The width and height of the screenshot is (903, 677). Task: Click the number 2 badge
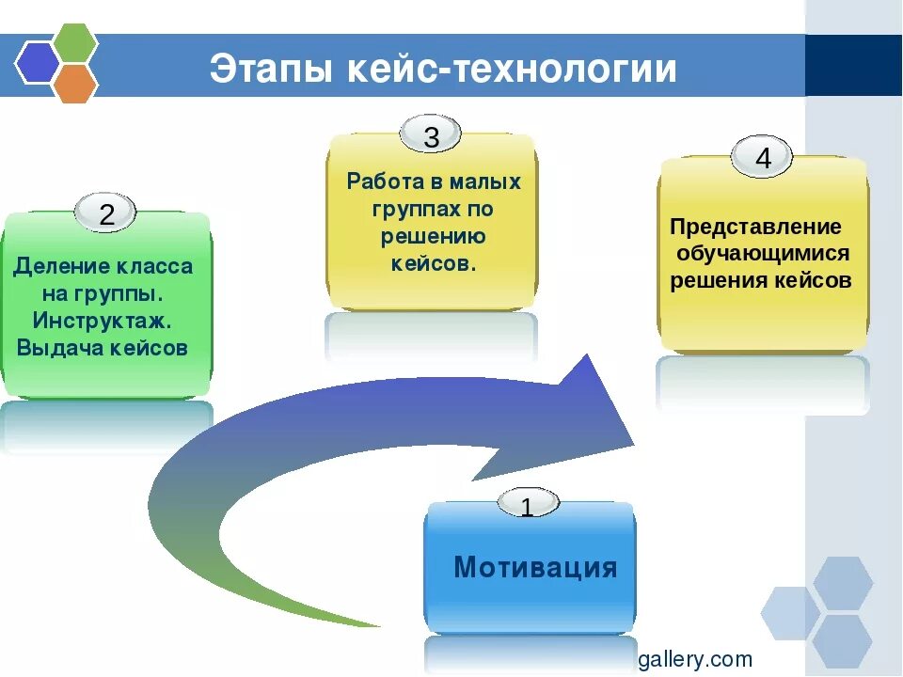pyautogui.click(x=106, y=214)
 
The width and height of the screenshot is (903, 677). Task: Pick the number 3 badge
pyautogui.click(x=431, y=137)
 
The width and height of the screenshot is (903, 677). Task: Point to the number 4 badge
pyautogui.click(x=762, y=159)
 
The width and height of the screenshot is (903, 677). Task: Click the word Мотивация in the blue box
pyautogui.click(x=535, y=568)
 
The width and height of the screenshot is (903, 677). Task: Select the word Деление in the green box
pyautogui.click(x=55, y=266)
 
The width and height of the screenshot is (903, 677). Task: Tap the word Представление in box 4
pyautogui.click(x=755, y=228)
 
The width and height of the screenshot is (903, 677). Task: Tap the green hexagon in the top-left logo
pyautogui.click(x=74, y=41)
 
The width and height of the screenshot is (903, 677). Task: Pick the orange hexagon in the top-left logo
pyautogui.click(x=74, y=84)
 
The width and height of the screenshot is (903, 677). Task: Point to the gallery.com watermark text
pyautogui.click(x=695, y=659)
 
